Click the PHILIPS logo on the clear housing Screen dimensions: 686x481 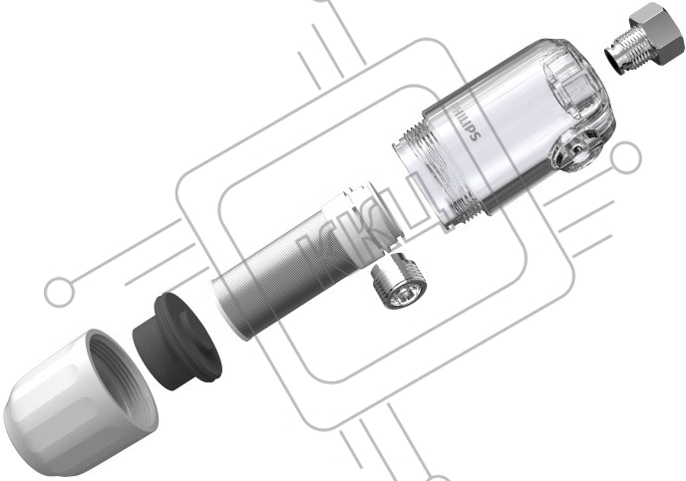(467, 121)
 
